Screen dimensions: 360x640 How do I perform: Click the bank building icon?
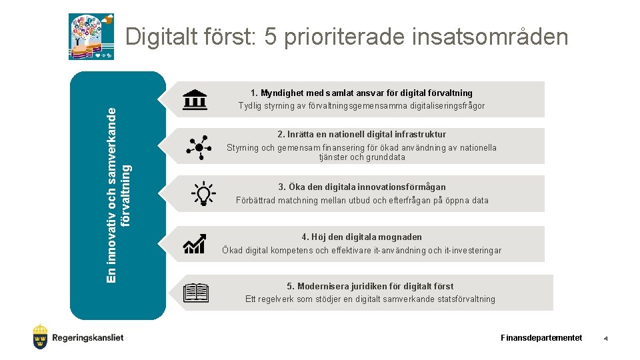[195, 99]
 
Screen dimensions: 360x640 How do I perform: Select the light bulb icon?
[203, 194]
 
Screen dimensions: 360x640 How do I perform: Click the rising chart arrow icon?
[195, 243]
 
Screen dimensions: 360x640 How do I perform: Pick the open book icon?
[196, 293]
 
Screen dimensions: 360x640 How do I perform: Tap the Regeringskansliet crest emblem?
[41, 337]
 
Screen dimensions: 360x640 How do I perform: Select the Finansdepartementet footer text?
[541, 338]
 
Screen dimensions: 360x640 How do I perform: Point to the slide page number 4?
[605, 339]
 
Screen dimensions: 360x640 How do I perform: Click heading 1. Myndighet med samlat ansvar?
[361, 93]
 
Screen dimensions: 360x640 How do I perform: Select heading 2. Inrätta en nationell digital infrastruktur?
[361, 134]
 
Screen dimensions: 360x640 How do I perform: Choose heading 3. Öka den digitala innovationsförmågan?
[361, 187]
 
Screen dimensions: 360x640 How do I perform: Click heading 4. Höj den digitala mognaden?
[361, 237]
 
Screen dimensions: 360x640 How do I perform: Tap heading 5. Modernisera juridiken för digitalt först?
[370, 286]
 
